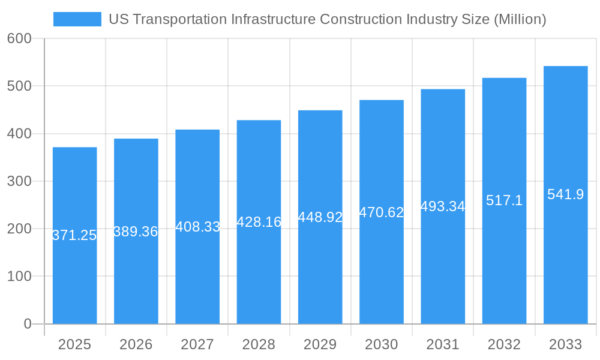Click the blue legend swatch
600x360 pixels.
coord(77,19)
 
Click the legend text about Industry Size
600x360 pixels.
coord(327,19)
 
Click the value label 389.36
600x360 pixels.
coord(136,232)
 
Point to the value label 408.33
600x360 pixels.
coord(197,227)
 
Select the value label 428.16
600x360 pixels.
coord(259,222)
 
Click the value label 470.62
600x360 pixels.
coord(382,212)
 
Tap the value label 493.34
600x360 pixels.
coord(443,206)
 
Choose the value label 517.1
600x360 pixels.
coord(504,200)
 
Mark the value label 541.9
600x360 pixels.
coord(565,194)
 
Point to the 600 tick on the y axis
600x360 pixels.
coord(19,38)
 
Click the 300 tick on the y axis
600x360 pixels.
coord(19,181)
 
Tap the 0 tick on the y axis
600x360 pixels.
coord(28,324)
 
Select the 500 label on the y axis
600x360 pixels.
coord(19,86)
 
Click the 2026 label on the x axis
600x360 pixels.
coord(136,344)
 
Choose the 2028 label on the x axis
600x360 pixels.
coord(259,344)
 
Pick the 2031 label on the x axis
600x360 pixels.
coord(443,344)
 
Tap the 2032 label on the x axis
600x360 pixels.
coord(504,344)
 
